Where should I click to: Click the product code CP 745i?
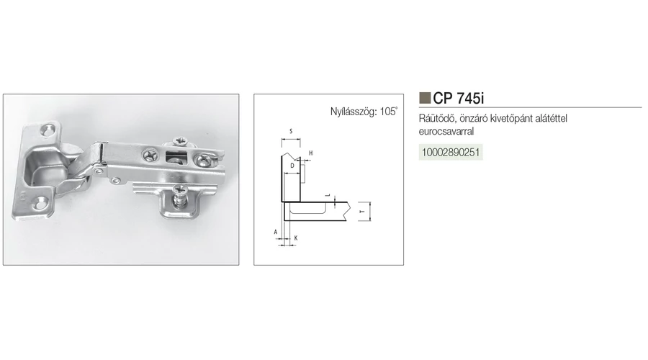click(x=459, y=99)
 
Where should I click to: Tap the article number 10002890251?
click(x=451, y=152)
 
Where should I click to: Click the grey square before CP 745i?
click(x=425, y=98)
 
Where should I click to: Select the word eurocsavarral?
click(x=446, y=132)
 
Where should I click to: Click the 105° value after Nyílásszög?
click(x=389, y=111)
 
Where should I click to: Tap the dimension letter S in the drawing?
click(x=291, y=132)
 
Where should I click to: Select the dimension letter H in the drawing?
click(x=311, y=153)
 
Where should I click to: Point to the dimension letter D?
click(x=292, y=166)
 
